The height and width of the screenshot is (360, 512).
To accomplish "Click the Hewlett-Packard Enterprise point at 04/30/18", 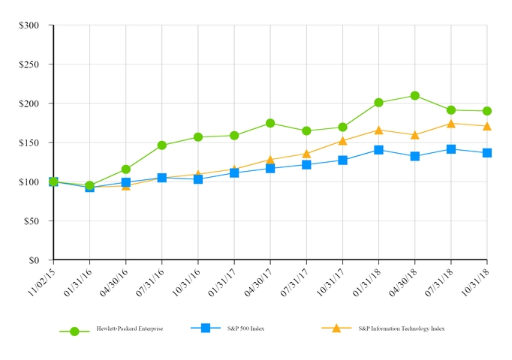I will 414,96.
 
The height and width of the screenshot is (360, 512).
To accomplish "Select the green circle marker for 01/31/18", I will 378,103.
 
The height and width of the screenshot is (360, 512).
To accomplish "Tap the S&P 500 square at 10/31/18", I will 486,153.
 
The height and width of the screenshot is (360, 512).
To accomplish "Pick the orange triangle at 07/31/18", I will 450,124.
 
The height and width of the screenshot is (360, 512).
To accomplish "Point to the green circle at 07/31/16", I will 162,145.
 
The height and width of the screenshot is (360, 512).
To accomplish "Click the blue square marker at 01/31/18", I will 378,150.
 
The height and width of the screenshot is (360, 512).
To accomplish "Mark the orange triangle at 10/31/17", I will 342,140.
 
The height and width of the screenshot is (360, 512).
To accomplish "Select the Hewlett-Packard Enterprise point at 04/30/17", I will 270,123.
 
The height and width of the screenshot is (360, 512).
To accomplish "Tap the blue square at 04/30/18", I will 414,156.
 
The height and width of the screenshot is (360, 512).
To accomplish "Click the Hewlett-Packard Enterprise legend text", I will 129,328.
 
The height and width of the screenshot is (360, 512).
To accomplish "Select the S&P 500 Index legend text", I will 246,328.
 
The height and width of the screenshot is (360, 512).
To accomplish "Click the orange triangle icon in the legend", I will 336,328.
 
